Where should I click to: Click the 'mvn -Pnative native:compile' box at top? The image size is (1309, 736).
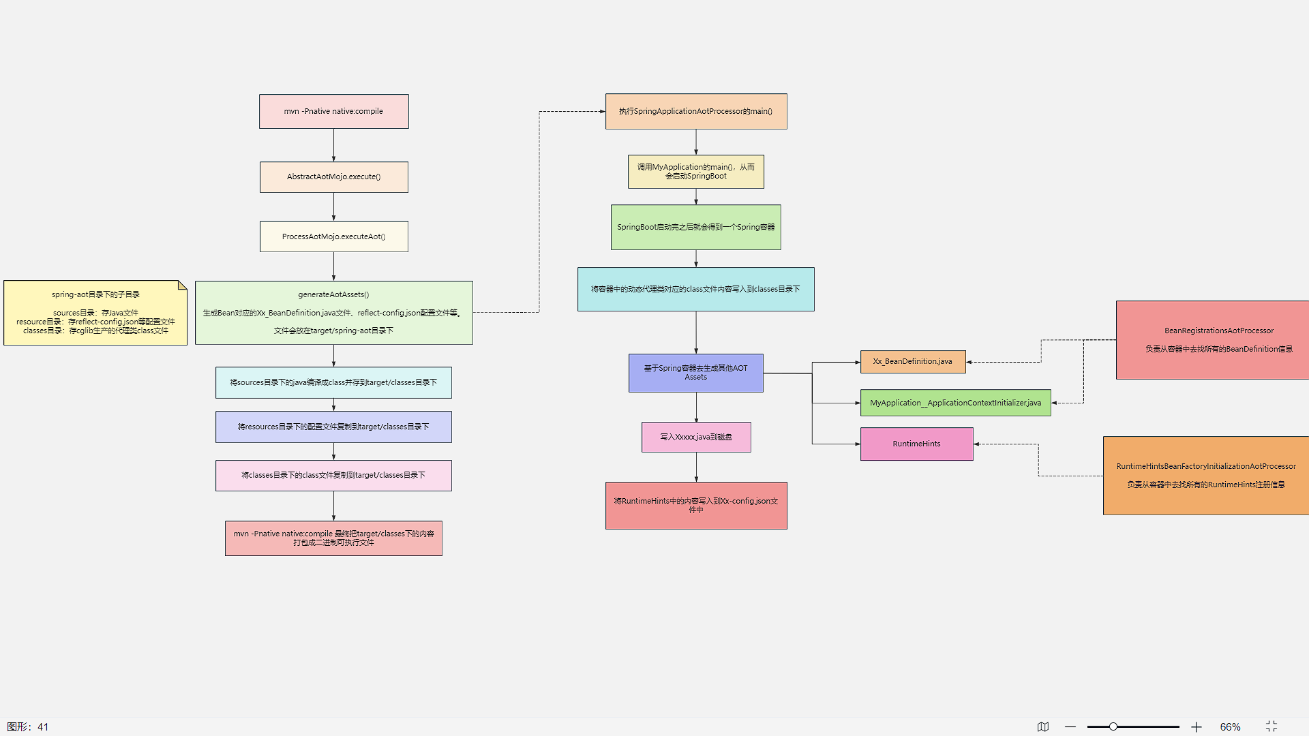(333, 111)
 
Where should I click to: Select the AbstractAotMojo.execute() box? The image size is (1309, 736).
(333, 177)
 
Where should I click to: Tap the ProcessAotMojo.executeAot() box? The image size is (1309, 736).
(333, 236)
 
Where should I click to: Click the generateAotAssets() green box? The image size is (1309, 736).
(333, 313)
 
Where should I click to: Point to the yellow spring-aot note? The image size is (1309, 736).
(95, 313)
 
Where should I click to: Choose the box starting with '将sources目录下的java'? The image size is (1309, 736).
(333, 382)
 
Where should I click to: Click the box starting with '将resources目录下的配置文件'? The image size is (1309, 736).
(333, 427)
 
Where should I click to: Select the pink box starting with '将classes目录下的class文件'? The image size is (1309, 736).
(333, 476)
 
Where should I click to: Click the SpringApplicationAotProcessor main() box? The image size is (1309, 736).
(696, 111)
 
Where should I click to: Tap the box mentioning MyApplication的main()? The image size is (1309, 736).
(696, 172)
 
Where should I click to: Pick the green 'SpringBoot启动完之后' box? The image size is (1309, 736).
(696, 227)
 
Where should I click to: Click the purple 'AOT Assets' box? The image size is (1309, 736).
(696, 373)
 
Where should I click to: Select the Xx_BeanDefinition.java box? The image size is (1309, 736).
(913, 362)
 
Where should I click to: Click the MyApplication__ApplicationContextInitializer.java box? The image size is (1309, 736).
(955, 403)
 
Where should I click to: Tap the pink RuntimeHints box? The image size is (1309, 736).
(916, 444)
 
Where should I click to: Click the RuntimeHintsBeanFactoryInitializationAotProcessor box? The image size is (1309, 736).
(1205, 476)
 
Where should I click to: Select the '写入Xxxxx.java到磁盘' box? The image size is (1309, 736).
(696, 437)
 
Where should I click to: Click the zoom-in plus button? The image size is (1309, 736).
(1197, 727)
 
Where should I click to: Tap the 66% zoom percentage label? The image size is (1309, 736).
(1230, 727)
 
